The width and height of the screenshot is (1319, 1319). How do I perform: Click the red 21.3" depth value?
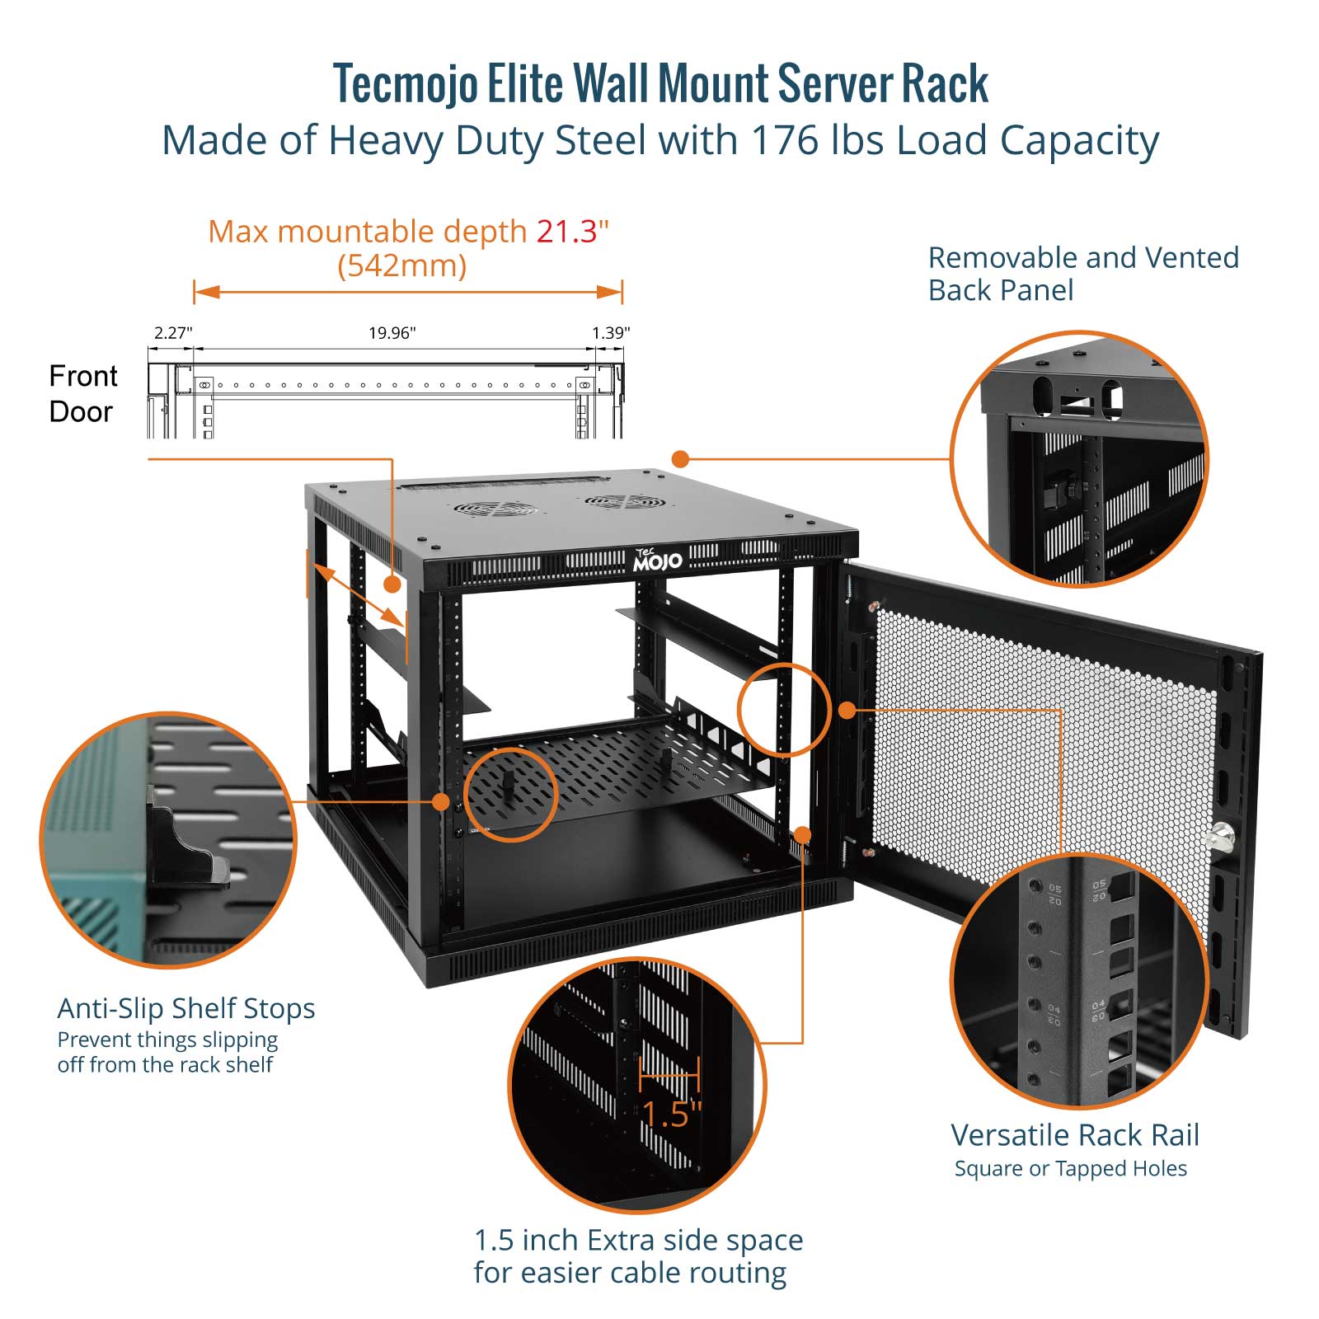(572, 232)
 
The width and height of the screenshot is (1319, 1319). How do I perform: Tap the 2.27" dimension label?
(173, 333)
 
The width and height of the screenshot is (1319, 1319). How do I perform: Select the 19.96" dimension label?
(392, 333)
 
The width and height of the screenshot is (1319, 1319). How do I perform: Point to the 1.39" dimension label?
(611, 333)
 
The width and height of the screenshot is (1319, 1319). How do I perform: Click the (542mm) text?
(402, 265)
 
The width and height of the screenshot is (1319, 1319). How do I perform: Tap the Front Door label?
(82, 394)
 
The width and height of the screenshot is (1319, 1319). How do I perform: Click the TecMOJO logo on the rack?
(657, 560)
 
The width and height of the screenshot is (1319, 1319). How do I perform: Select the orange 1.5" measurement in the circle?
(671, 1113)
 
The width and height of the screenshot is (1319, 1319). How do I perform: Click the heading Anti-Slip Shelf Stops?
(186, 1008)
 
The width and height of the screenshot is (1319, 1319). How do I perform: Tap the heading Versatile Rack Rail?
(1074, 1135)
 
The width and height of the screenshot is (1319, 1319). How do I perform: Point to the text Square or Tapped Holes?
(1070, 1169)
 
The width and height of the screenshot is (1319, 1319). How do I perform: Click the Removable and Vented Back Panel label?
(1082, 274)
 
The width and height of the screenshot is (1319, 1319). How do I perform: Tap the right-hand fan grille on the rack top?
(624, 501)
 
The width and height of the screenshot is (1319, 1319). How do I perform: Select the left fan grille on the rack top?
(496, 510)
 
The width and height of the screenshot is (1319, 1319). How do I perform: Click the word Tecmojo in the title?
(405, 83)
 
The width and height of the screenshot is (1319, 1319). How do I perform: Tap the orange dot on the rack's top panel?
(680, 458)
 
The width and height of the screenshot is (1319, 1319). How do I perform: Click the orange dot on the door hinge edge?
(847, 710)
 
